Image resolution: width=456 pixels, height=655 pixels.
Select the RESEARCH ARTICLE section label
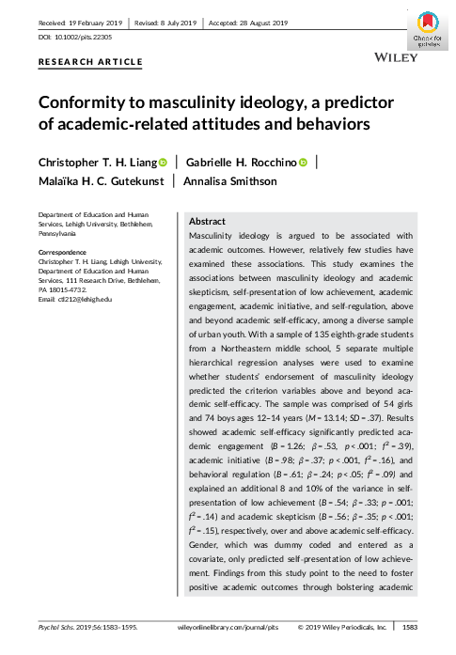click(90, 62)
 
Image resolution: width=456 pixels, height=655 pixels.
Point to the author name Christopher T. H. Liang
click(95, 163)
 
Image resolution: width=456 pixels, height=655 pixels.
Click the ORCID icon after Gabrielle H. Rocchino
click(304, 163)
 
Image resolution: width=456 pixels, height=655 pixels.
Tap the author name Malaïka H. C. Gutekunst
click(101, 182)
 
